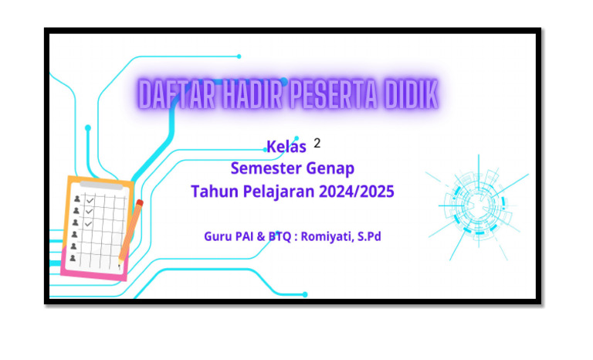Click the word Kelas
tap(286, 147)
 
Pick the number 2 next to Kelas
tap(317, 144)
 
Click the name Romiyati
tap(321, 236)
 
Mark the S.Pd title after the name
tap(368, 236)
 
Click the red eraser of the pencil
tap(140, 204)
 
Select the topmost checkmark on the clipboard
tap(90, 200)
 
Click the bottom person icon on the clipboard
tap(73, 259)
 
